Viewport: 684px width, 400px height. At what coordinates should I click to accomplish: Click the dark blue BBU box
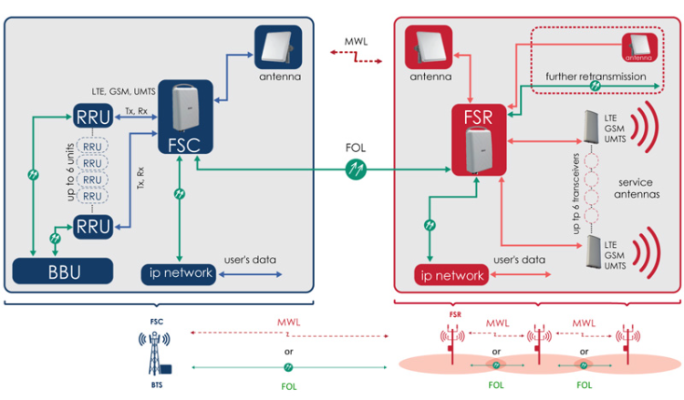tap(62, 271)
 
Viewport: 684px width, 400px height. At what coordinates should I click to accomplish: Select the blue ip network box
tap(178, 272)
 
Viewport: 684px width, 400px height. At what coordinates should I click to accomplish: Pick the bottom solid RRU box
tap(92, 225)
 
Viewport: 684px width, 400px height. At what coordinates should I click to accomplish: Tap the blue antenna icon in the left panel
tap(275, 46)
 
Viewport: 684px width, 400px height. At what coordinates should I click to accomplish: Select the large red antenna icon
tap(430, 46)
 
